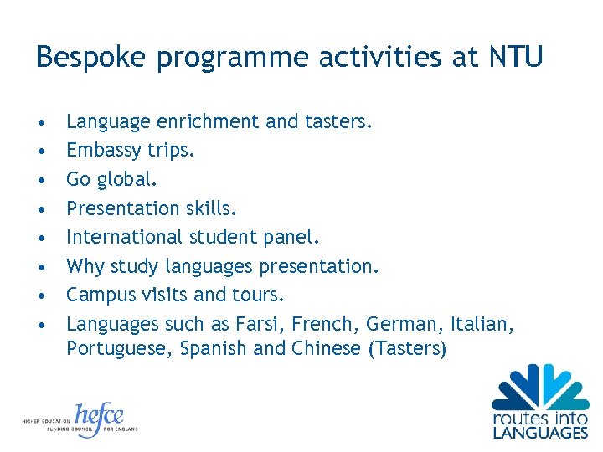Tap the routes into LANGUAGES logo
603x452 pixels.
tap(540, 402)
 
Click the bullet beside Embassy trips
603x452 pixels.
tap(41, 152)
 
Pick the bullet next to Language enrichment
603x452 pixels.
tap(41, 122)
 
